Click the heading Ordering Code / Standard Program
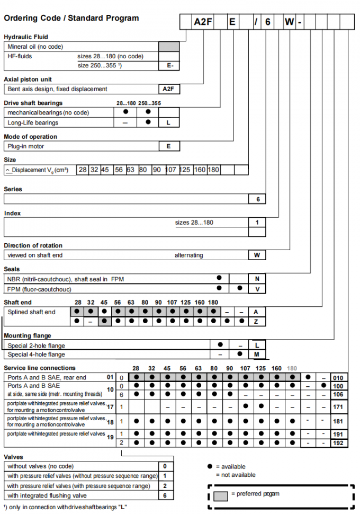(71, 18)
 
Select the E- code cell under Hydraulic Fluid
(169, 66)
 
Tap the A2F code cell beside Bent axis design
(169, 89)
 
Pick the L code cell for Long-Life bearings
(169, 122)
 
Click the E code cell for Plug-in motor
(169, 146)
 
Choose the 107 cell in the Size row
(170, 170)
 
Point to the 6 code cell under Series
(257, 199)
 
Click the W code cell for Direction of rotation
(257, 255)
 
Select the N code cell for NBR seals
(257, 278)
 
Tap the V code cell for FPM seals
(257, 289)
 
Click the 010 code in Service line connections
(339, 378)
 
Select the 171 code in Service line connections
(339, 407)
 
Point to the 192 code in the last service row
(339, 442)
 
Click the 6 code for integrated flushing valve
(165, 495)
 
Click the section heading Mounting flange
(28, 336)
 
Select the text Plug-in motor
(26, 146)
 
